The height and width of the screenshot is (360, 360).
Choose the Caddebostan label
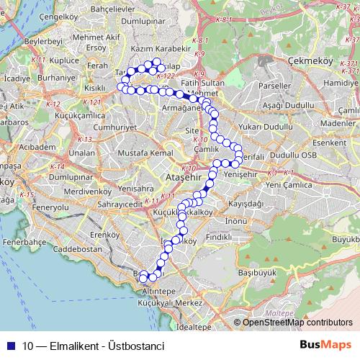(80, 249)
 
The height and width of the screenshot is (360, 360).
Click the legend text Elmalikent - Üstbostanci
(94, 345)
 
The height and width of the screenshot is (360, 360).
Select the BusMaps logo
(327, 344)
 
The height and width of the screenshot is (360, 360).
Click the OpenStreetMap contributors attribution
(297, 322)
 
